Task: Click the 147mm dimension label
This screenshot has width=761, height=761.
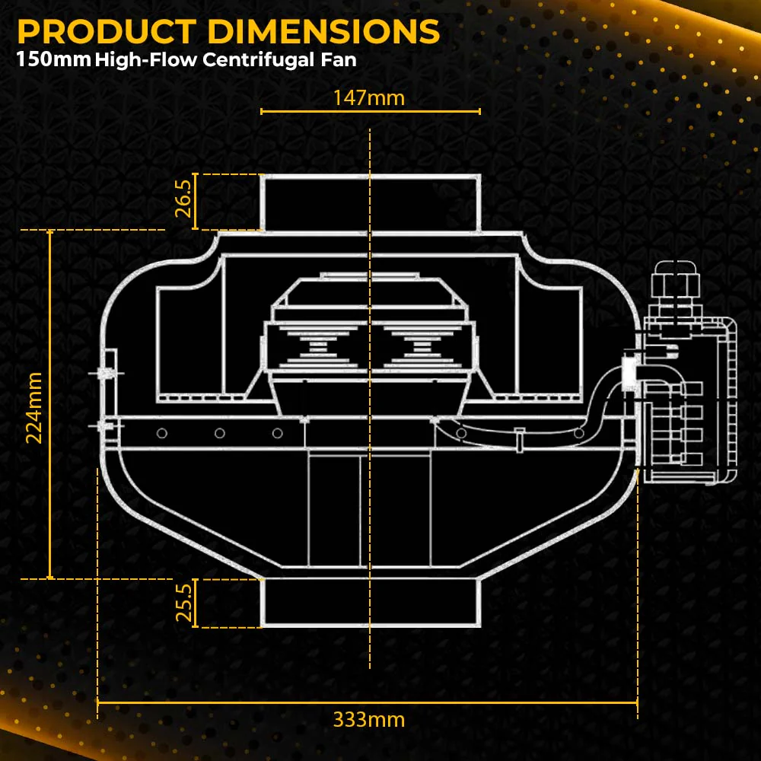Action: click(x=369, y=98)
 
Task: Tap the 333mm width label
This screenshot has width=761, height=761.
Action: click(x=369, y=719)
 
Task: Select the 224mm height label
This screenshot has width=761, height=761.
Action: click(x=34, y=408)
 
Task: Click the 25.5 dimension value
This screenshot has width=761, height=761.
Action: click(x=183, y=602)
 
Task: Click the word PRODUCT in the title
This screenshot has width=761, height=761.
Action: click(x=107, y=31)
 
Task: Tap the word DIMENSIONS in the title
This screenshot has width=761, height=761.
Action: click(x=323, y=31)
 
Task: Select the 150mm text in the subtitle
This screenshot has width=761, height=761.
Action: click(x=54, y=59)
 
